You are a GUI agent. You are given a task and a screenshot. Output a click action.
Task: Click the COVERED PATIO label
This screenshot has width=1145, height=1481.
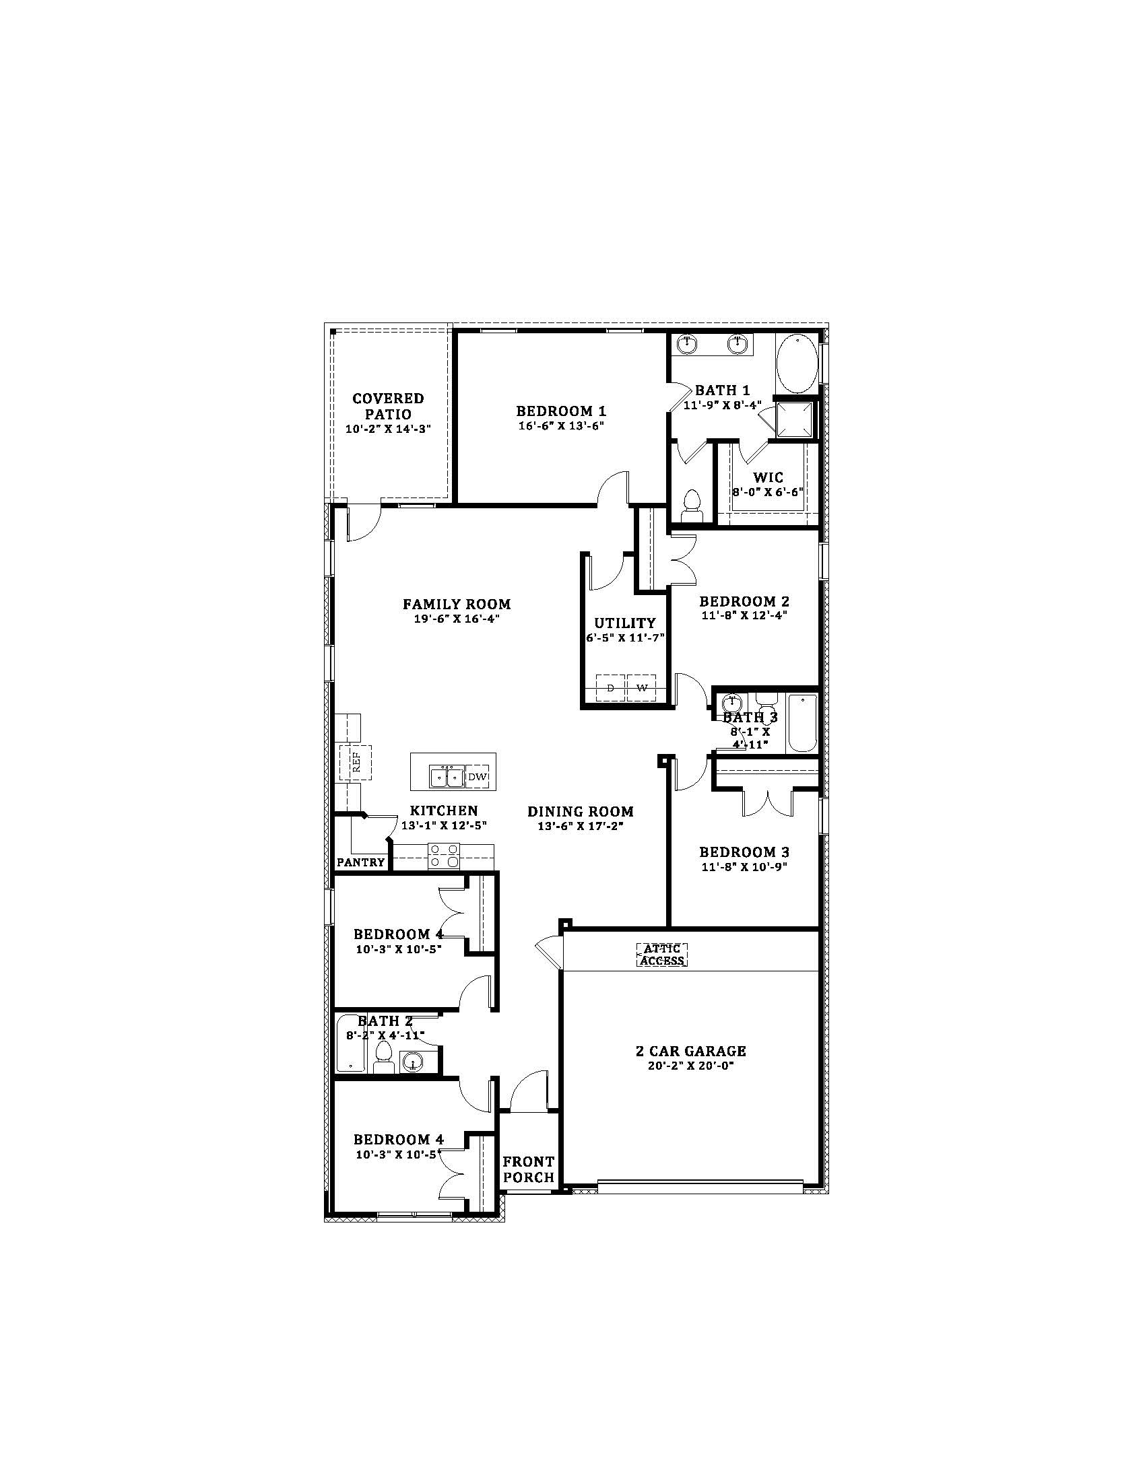[388, 406]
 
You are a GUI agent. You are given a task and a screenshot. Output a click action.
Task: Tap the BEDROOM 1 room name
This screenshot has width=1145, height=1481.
[561, 411]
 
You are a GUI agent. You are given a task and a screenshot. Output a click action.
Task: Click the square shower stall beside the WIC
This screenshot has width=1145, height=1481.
[793, 420]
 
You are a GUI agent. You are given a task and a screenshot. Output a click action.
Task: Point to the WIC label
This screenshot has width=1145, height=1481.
[768, 478]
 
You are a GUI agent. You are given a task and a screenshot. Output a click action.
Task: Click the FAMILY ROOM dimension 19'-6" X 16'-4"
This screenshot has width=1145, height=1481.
[457, 619]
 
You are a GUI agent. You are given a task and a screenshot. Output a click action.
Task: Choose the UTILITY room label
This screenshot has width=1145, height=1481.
[625, 623]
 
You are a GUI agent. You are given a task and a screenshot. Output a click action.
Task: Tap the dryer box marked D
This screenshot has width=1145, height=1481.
[610, 688]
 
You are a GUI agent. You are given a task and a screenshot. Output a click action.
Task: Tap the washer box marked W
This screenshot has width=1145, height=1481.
[642, 688]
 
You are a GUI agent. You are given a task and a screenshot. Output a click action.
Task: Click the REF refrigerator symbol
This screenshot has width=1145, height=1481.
[356, 763]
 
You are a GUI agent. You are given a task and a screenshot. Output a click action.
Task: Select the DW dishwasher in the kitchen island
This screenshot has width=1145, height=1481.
[477, 777]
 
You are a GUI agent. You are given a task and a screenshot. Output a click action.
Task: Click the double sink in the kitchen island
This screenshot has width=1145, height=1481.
[446, 776]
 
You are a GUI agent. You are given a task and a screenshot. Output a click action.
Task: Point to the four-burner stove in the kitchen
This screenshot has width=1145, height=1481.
[444, 856]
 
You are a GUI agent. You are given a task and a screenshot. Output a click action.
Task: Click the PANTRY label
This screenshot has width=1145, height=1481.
[361, 862]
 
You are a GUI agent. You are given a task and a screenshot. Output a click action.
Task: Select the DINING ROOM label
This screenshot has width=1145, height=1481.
[581, 811]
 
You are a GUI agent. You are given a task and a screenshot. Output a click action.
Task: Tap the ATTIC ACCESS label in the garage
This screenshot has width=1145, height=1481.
[662, 955]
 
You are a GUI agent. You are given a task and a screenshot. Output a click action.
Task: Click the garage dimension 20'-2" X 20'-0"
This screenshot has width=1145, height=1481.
[691, 1066]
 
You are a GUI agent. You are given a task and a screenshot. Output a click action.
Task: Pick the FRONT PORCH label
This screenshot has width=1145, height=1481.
[529, 1170]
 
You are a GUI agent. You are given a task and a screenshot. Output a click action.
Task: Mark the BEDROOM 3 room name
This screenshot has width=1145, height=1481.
[744, 852]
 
